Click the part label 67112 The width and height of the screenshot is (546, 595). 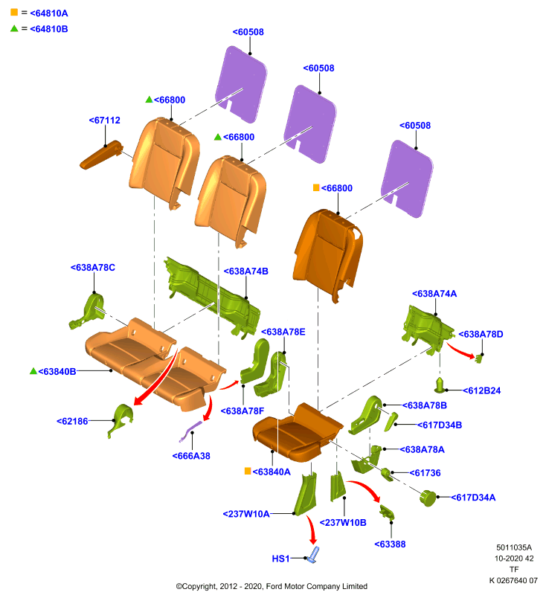pos(105,120)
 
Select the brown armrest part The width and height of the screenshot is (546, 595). pos(101,155)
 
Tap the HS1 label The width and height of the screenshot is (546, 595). pos(280,559)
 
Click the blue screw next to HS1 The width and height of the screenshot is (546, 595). pos(313,555)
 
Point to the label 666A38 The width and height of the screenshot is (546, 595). pos(191,456)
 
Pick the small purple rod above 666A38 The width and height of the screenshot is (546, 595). pos(190,431)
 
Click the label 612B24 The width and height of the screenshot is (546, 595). pos(482,390)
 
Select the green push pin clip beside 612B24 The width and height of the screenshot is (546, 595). pos(440,385)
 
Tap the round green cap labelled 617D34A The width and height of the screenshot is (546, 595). pos(428,498)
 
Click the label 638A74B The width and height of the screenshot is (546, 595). pos(246,271)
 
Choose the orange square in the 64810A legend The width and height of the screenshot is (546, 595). pos(14,12)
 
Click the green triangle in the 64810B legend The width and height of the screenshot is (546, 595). pos(14,28)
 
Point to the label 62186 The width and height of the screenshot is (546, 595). pos(72,421)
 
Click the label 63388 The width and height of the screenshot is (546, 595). pos(390,544)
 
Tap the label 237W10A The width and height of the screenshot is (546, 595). pos(246,514)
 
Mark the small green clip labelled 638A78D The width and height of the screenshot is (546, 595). pos(478,358)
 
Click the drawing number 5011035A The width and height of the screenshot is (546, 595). pos(514,547)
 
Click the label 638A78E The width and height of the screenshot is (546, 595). pos(283,332)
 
